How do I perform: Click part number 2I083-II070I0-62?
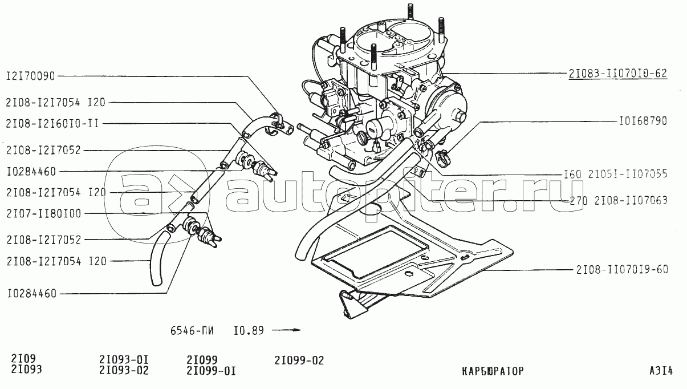coord(617,74)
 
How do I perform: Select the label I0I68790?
coord(642,121)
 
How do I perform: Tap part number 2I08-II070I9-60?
coord(621,270)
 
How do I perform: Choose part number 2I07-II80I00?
coord(43,213)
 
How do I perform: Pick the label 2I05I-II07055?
coord(631,174)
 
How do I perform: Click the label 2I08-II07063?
coord(631,200)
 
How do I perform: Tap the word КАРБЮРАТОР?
coord(493,371)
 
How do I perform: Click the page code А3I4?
coord(661,371)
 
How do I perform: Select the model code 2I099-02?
coord(299,361)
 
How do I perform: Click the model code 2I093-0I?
coord(124,361)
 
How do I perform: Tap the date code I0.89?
coord(249,330)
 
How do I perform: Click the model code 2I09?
coord(23,360)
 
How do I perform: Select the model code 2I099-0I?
coord(211,371)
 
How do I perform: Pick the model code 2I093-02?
coord(124,371)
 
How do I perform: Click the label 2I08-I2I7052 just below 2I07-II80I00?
coord(43,240)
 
